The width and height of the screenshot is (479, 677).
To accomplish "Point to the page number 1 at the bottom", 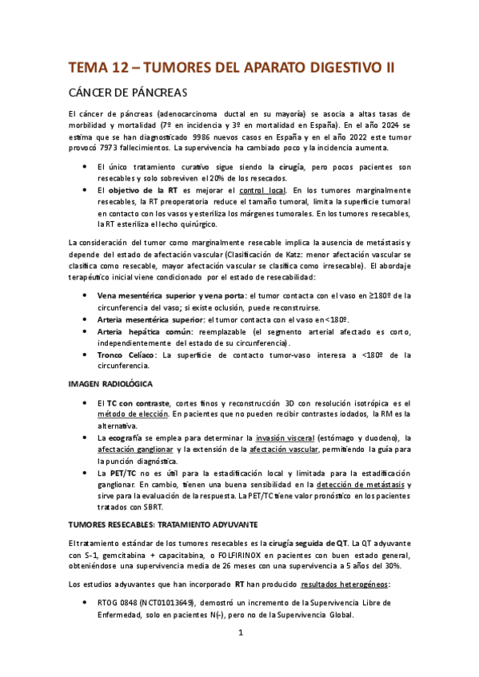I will tap(240, 655).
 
